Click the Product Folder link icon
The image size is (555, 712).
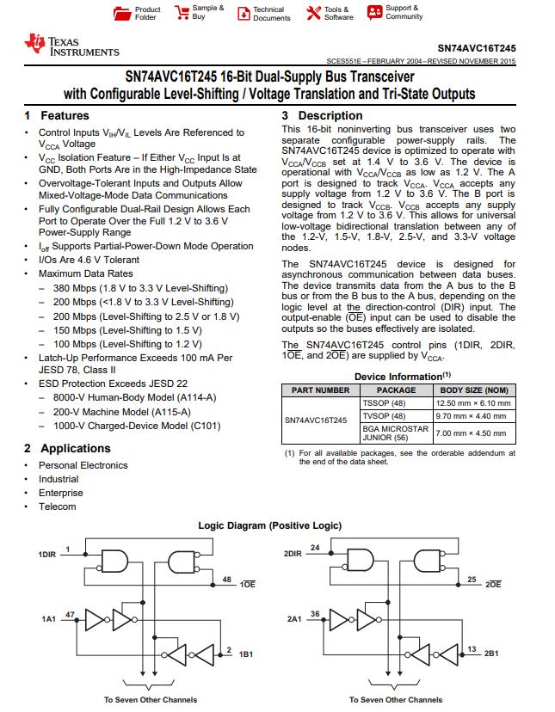(x=120, y=13)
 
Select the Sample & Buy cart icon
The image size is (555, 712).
(x=182, y=12)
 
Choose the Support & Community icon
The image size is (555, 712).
(x=374, y=12)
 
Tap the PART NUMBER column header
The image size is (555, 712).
(x=321, y=390)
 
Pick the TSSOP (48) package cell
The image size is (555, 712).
(x=384, y=402)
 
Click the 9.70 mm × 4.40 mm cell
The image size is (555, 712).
(x=473, y=416)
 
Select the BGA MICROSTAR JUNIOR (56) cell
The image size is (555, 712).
(x=396, y=433)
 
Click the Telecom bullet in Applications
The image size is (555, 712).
(x=57, y=506)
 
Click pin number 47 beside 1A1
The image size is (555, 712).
(x=70, y=614)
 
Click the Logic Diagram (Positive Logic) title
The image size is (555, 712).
(x=270, y=525)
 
